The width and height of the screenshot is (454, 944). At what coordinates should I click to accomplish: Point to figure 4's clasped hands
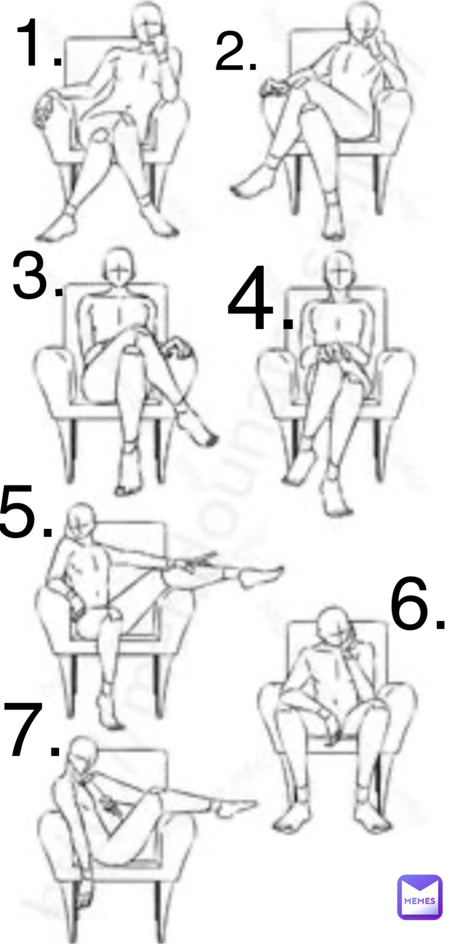(331, 354)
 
